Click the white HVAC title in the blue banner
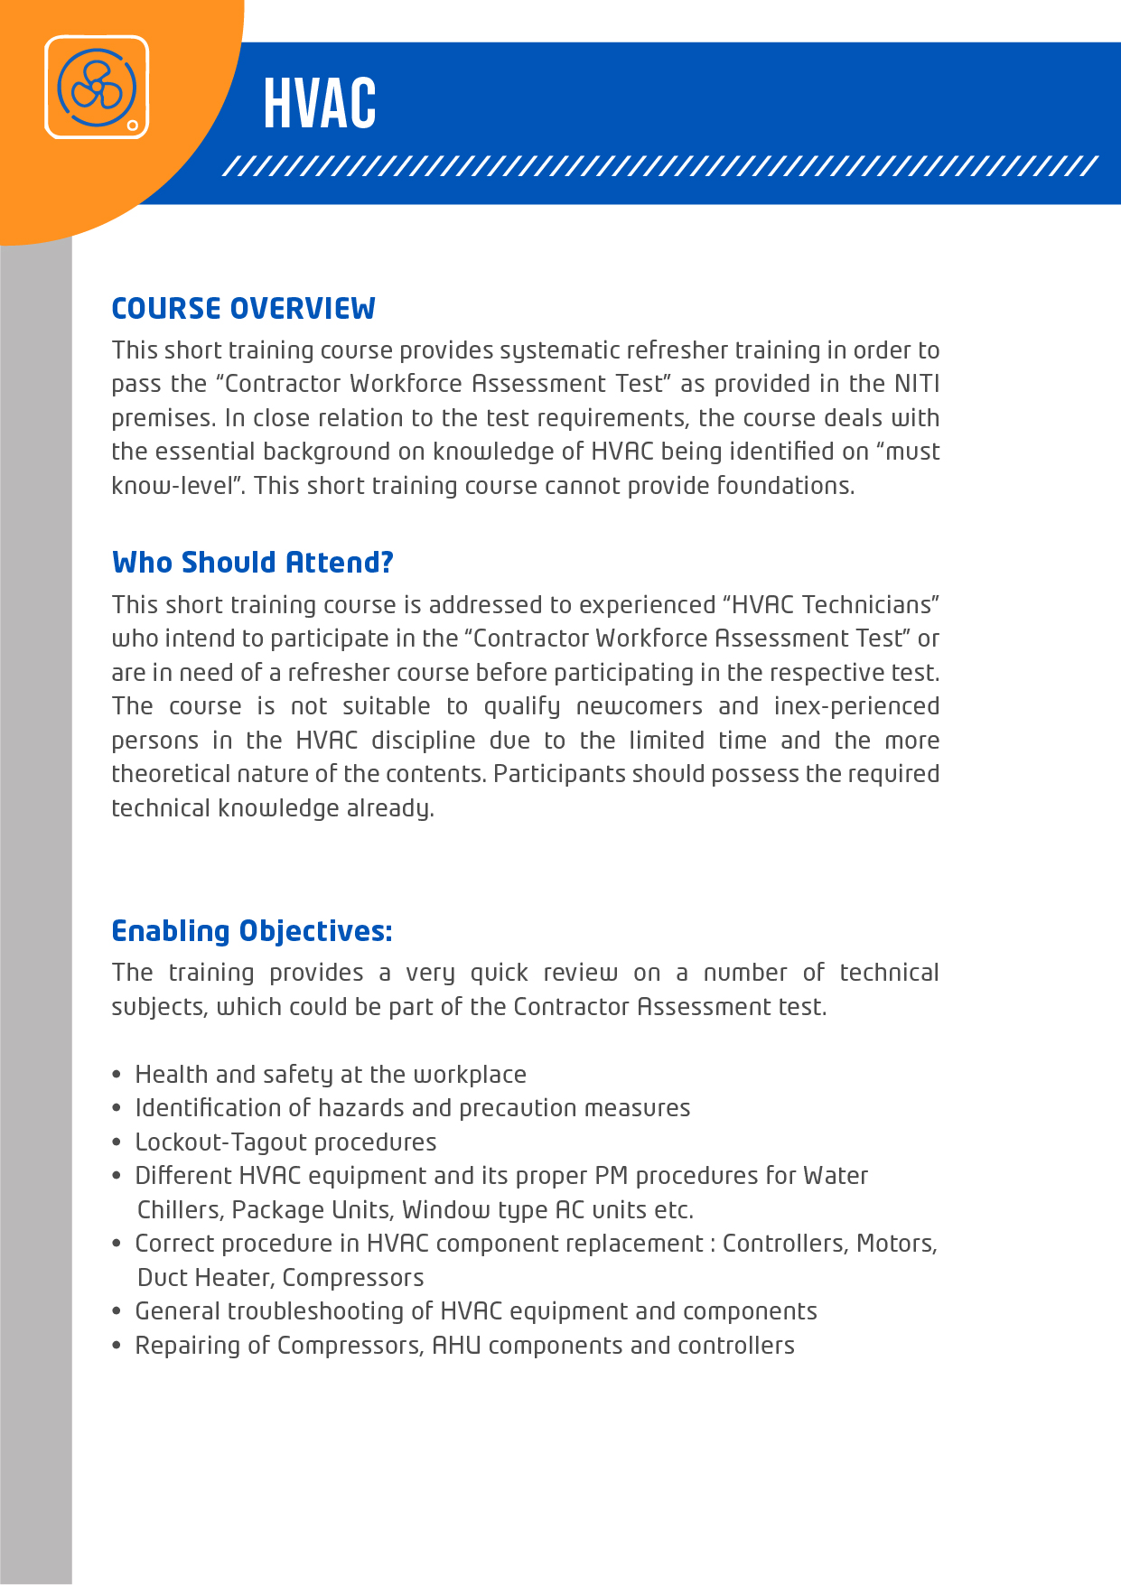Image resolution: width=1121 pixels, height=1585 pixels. click(x=320, y=104)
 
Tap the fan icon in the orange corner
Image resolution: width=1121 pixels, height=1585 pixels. click(x=97, y=88)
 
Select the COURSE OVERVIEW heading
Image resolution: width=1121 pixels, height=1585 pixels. click(x=243, y=309)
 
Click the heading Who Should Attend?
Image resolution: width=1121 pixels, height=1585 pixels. click(x=253, y=563)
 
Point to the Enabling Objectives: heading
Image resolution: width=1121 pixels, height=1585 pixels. click(x=252, y=931)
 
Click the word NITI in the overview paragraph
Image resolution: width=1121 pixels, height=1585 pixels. click(x=917, y=384)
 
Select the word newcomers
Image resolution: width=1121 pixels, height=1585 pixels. click(x=639, y=706)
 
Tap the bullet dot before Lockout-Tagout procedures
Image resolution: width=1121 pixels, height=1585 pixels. click(x=117, y=1142)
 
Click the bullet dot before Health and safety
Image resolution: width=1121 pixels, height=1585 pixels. click(x=117, y=1075)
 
